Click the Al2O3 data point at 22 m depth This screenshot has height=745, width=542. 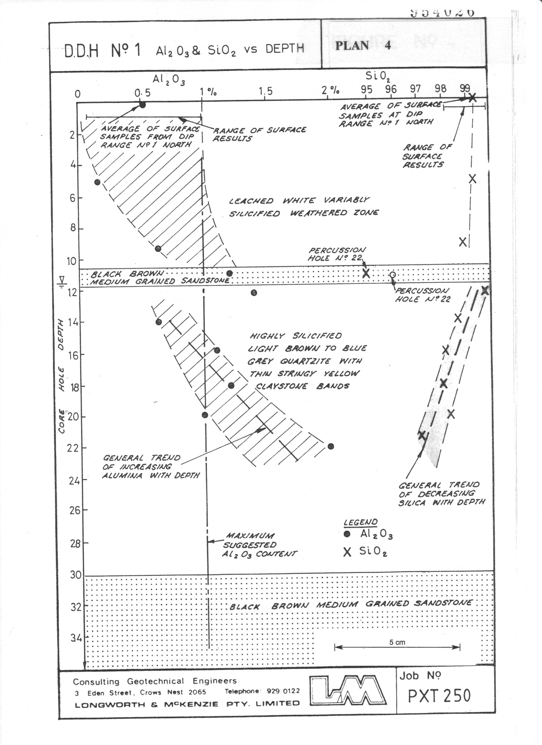(x=331, y=446)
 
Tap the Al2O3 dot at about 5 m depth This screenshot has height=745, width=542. (x=97, y=182)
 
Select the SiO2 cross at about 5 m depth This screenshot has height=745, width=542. (x=472, y=179)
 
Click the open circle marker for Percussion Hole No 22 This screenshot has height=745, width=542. (x=392, y=275)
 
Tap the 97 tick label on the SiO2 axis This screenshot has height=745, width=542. (x=416, y=89)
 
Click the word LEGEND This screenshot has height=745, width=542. (x=360, y=522)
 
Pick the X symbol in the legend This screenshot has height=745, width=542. (x=347, y=552)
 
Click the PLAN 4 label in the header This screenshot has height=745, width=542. (x=363, y=45)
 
